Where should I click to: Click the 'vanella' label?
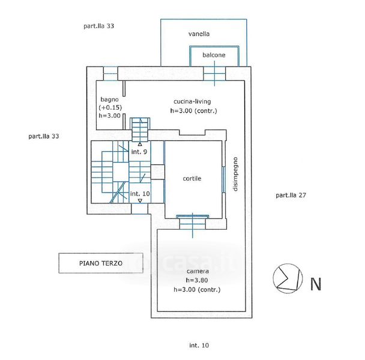point(199,34)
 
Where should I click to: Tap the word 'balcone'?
point(214,55)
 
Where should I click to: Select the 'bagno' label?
point(109,100)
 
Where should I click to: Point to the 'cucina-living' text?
point(192,101)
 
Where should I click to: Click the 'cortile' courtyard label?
point(192,178)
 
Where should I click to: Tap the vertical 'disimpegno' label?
point(235,174)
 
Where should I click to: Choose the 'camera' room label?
point(198,271)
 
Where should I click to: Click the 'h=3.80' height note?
point(197,280)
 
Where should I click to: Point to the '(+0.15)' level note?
point(110,107)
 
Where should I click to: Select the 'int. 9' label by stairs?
point(139,152)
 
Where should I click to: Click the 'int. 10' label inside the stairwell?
point(140,194)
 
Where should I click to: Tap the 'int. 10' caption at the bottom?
point(199,346)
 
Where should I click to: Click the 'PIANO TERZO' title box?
point(101,263)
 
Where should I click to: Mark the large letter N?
point(316,284)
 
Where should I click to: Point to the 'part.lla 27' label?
point(291,195)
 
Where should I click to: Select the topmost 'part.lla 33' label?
point(98,26)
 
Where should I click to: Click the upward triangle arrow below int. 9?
point(140,144)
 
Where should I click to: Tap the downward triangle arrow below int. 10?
point(140,200)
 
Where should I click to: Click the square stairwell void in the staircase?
point(121,172)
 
